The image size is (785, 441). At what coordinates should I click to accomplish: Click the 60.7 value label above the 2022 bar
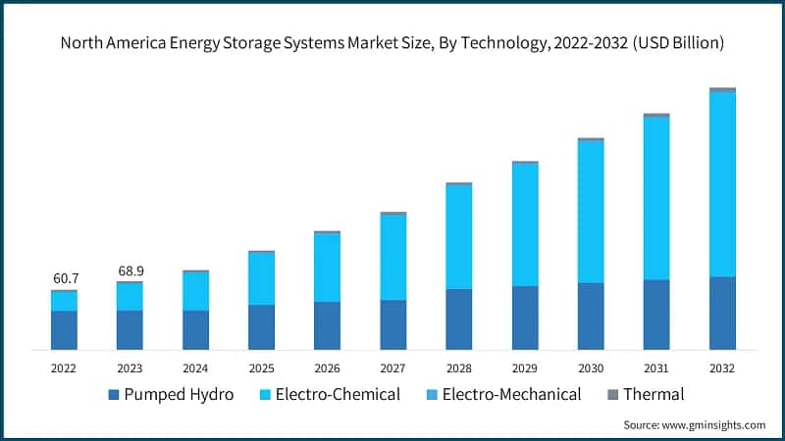64,278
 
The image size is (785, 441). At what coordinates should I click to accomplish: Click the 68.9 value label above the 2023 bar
130,269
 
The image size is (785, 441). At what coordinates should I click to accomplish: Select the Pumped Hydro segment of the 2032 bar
722,314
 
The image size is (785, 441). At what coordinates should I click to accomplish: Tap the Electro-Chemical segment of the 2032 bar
722,184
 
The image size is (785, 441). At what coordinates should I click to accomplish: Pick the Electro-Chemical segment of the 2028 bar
458,237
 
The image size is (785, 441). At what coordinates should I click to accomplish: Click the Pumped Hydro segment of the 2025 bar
261,327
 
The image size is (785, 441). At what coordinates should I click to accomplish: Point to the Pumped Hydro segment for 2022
64,330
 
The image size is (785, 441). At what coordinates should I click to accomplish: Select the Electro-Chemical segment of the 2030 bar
591,213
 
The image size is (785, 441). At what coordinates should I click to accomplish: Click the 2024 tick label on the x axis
195,367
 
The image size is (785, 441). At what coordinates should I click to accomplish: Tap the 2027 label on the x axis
392,367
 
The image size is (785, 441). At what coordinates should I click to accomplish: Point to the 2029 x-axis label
525,367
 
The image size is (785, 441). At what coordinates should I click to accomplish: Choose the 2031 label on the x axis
656,367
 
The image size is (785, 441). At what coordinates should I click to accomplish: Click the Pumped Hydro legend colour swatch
114,395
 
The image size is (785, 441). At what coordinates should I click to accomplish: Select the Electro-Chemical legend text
338,395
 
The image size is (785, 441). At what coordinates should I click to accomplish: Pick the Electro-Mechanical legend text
511,395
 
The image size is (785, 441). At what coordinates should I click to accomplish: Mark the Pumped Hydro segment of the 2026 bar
327,325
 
